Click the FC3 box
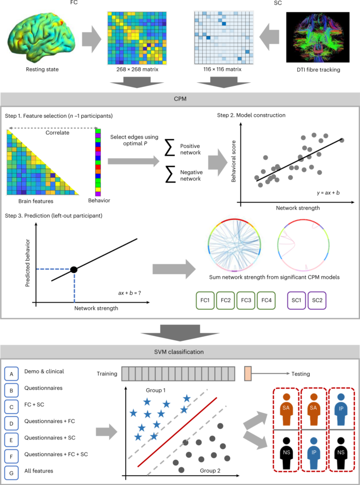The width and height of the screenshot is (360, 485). (x=246, y=300)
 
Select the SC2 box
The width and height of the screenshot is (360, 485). (x=317, y=300)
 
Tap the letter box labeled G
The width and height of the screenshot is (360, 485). (x=11, y=473)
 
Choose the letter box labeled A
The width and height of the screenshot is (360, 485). (x=11, y=374)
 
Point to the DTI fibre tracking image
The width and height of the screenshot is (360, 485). (x=318, y=37)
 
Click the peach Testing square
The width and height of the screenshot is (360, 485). (x=248, y=374)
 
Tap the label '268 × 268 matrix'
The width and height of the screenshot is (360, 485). (x=137, y=70)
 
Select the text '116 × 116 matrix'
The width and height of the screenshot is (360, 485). (x=222, y=69)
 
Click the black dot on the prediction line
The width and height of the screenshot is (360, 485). (x=73, y=269)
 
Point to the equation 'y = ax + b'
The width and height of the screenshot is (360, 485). (x=328, y=193)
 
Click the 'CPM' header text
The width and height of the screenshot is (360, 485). (x=180, y=99)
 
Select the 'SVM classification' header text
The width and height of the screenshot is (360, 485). (x=179, y=352)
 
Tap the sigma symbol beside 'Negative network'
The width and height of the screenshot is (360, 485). (x=170, y=174)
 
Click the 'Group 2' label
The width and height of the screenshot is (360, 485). (x=210, y=471)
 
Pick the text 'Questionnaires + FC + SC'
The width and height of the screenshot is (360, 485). (x=56, y=454)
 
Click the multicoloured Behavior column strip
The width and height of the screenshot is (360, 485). (x=98, y=162)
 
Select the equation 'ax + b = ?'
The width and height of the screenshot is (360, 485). (x=129, y=293)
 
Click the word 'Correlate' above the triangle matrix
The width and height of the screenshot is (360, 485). (x=57, y=133)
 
